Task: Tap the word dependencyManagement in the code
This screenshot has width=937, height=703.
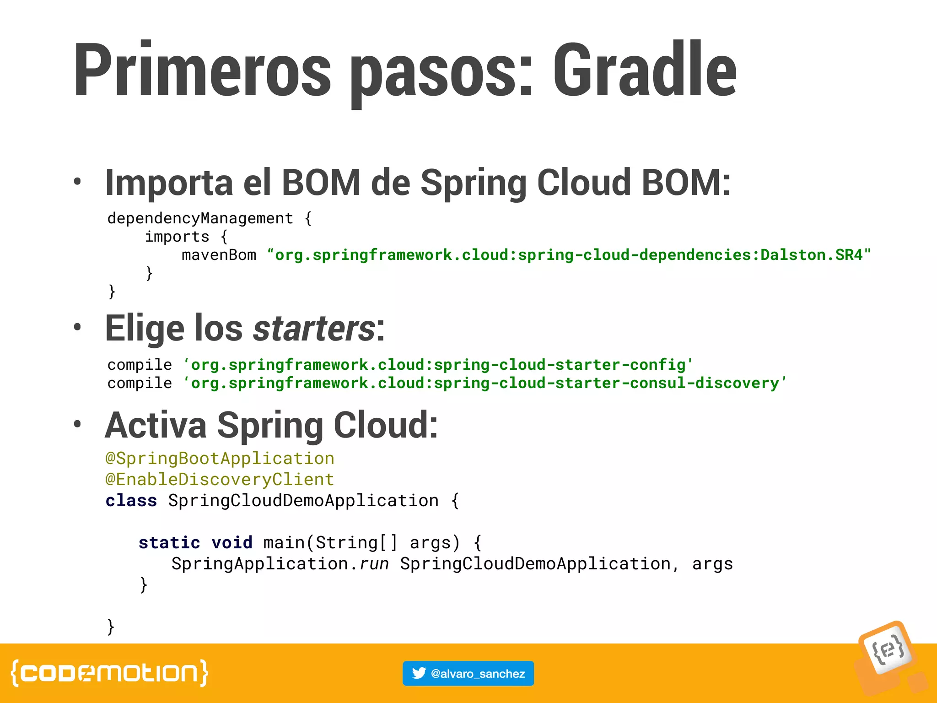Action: (200, 218)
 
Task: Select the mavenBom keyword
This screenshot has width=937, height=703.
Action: (219, 255)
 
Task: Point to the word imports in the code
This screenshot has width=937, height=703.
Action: (177, 237)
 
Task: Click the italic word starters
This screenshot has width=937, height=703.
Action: (314, 328)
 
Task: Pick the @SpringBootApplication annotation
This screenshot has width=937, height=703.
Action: (220, 458)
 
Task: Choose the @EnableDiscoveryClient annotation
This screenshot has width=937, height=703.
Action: (220, 479)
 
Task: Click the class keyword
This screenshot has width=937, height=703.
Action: (131, 500)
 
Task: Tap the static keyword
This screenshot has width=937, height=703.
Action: (169, 542)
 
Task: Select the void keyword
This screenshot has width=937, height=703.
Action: (232, 542)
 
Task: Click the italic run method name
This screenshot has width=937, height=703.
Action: (374, 564)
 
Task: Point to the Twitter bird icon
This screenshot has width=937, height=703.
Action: (419, 673)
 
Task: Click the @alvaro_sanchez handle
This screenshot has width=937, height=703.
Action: (478, 674)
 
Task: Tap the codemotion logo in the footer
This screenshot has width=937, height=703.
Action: (109, 673)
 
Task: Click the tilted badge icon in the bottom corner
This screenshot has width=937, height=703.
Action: (888, 650)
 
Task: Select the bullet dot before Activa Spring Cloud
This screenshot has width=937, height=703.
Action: (77, 424)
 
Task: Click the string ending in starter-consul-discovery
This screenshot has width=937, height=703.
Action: (485, 383)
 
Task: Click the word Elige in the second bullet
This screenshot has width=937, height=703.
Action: (145, 328)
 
